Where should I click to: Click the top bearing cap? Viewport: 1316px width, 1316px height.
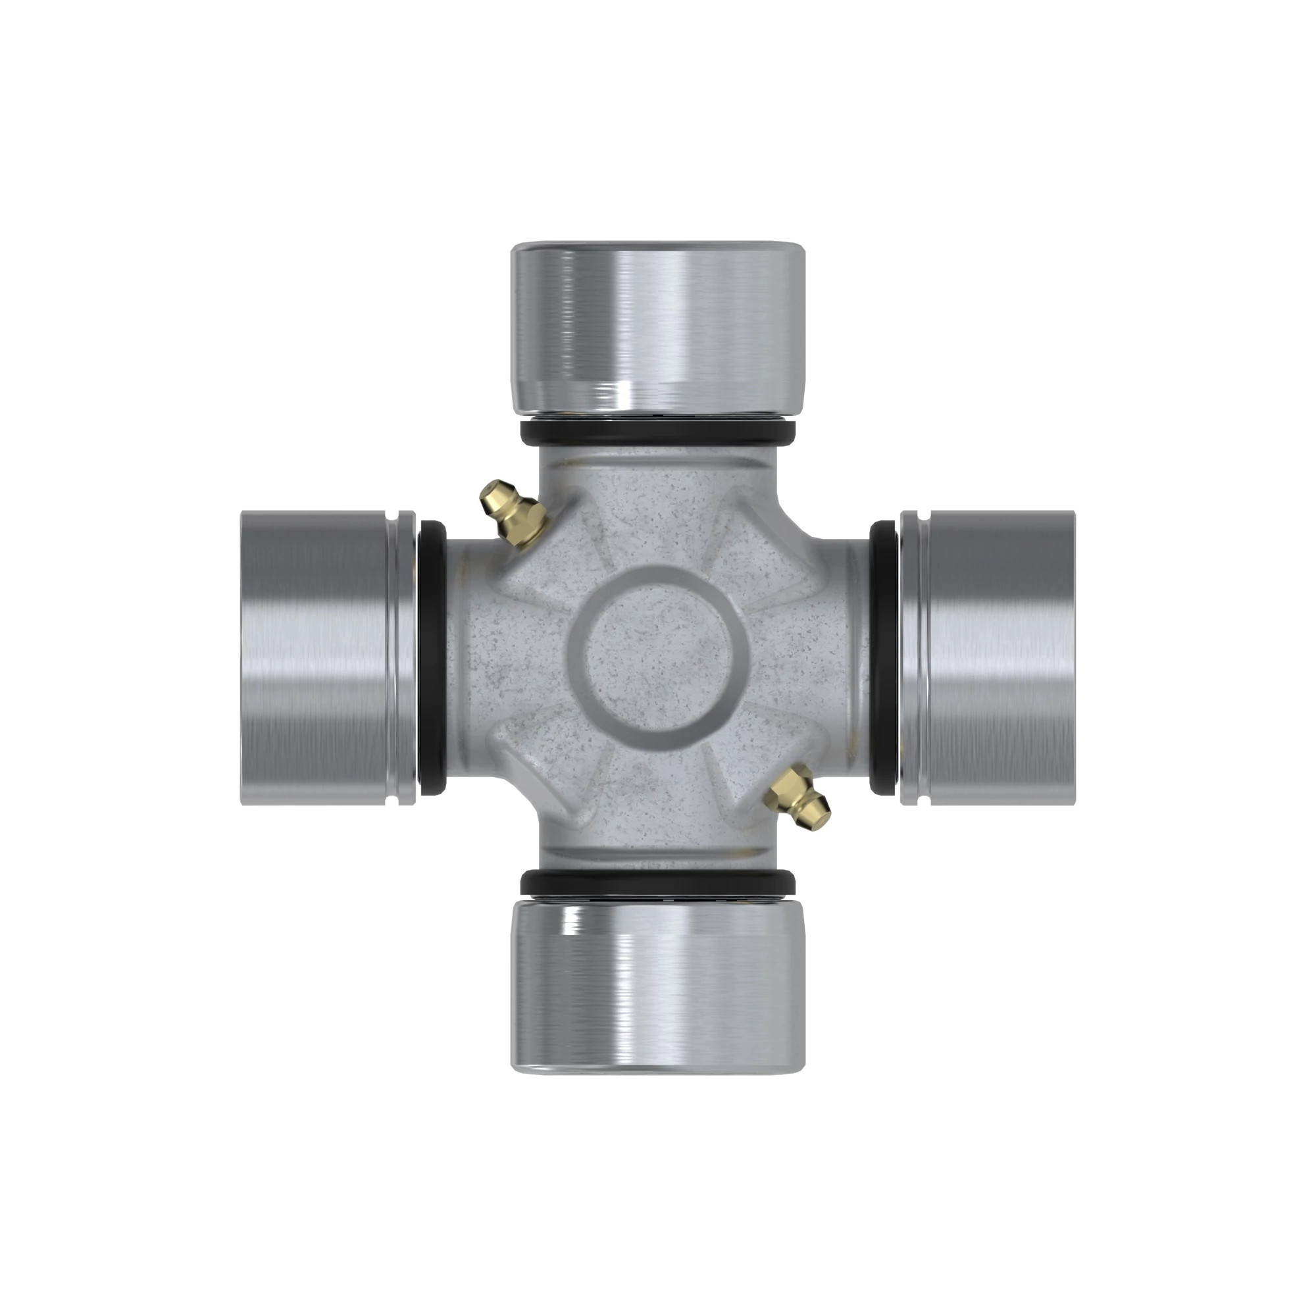(x=658, y=328)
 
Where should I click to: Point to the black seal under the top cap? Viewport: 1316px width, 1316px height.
(x=658, y=432)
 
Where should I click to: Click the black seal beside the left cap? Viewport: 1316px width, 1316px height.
(x=431, y=658)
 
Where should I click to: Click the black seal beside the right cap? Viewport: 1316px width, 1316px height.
(x=884, y=658)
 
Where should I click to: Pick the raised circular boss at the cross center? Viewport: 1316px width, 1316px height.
(x=658, y=658)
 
